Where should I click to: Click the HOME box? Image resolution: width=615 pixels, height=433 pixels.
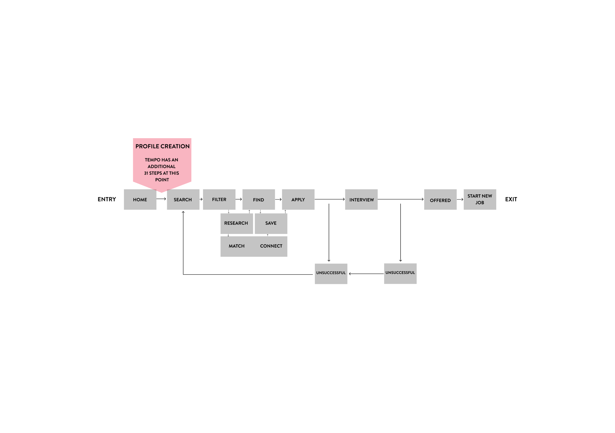(x=140, y=200)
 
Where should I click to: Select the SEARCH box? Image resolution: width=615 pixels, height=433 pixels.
(x=183, y=200)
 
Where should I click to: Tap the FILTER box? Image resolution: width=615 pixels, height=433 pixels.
(x=219, y=200)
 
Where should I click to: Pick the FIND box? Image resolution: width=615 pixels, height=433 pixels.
(x=259, y=200)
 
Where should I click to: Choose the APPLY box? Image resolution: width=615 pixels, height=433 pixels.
(x=298, y=200)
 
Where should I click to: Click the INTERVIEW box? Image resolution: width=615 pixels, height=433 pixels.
(x=361, y=200)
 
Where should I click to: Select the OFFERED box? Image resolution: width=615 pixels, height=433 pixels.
(x=440, y=200)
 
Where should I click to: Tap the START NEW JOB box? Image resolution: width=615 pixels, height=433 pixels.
(x=480, y=200)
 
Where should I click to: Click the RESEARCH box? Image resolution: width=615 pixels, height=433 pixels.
(x=237, y=224)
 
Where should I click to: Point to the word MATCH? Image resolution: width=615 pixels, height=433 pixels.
(x=236, y=246)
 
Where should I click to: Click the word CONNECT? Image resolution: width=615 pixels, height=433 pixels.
(x=271, y=246)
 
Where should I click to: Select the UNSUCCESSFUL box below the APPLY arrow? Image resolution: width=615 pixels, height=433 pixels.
(x=331, y=274)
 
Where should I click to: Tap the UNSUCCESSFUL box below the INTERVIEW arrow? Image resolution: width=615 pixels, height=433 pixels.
(x=400, y=274)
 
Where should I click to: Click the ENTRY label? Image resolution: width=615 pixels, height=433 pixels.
(x=107, y=199)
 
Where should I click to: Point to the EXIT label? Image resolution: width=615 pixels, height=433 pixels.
(x=511, y=199)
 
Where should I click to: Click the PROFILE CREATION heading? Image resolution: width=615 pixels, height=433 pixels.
(x=163, y=146)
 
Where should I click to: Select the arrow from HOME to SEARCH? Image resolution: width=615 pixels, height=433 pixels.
(x=161, y=199)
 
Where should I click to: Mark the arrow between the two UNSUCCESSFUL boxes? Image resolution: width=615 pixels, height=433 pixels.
(x=366, y=274)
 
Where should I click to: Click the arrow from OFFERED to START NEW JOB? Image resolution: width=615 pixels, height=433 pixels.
(x=460, y=199)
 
